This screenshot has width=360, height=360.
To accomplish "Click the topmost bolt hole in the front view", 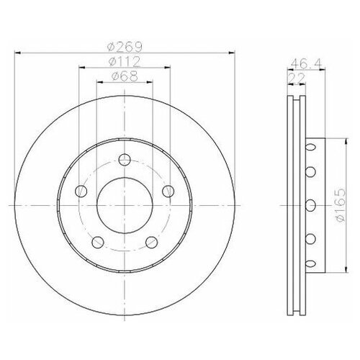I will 125,159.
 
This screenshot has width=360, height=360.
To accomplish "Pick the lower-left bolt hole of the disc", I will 97,241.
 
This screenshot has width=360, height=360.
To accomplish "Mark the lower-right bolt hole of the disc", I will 152,241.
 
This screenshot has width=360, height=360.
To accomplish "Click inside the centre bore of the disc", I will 125,204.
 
